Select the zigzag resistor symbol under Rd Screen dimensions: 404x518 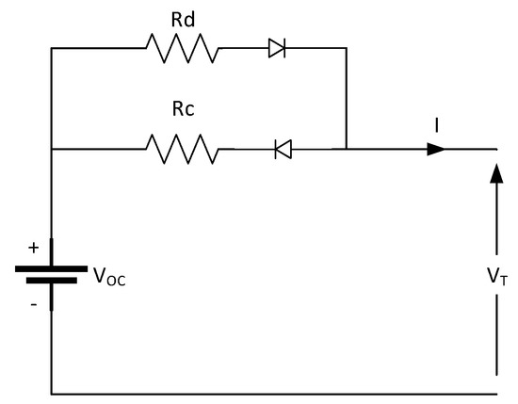(182, 48)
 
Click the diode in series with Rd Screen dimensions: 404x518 (277, 48)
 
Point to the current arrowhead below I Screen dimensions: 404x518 (435, 149)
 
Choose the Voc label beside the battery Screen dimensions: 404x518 (107, 276)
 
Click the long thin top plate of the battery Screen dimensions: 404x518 (51, 267)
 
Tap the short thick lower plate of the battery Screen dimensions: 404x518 (51, 280)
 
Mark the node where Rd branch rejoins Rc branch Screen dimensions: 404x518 (346, 149)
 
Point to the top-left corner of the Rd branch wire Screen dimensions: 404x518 (51, 48)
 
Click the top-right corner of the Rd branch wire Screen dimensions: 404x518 (346, 48)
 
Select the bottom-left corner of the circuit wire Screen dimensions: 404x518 (51, 393)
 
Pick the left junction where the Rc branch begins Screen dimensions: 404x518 (51, 149)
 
